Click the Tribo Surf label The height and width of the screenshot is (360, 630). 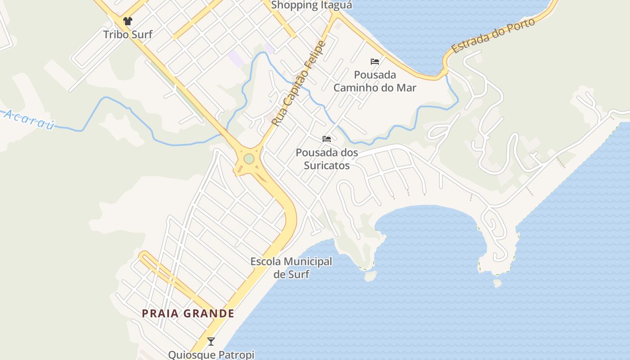(128, 34)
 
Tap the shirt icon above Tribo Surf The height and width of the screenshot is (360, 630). (128, 21)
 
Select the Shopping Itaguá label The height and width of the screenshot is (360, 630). (311, 5)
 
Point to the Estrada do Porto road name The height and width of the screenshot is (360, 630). (493, 36)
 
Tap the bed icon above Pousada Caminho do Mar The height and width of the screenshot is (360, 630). (375, 62)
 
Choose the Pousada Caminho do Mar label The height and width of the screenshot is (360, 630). (375, 81)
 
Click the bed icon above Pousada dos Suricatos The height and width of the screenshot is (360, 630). (327, 139)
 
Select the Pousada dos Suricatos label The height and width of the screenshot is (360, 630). (327, 159)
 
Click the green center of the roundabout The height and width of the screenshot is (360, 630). (249, 159)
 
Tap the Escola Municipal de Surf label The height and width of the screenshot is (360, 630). (291, 267)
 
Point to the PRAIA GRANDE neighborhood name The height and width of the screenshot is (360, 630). (188, 313)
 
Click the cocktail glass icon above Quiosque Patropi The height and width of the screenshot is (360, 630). (211, 341)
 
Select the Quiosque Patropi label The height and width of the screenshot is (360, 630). (211, 355)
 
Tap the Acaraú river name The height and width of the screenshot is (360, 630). (29, 119)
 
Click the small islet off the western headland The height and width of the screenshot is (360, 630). (370, 276)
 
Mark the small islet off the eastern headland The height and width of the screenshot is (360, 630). (497, 283)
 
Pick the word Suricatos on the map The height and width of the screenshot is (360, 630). (327, 165)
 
